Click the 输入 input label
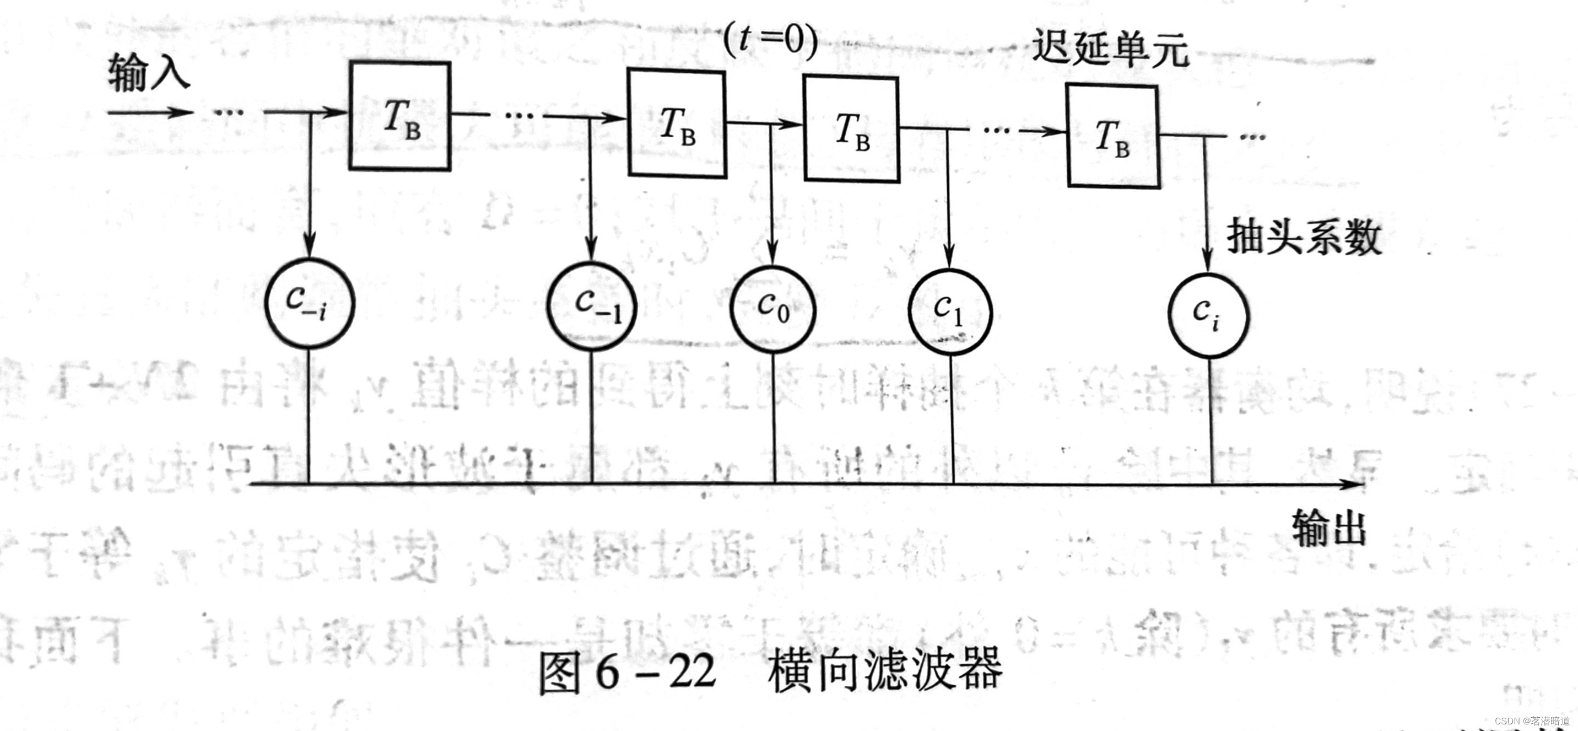[149, 72]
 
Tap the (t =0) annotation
[770, 40]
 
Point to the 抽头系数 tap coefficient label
[1304, 237]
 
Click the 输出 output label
[1328, 528]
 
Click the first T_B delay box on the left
[400, 116]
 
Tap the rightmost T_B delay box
[1113, 136]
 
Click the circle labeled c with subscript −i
[309, 304]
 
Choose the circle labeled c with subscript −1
[592, 307]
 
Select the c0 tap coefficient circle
[772, 309]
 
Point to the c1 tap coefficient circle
[950, 312]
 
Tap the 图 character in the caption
[560, 673]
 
